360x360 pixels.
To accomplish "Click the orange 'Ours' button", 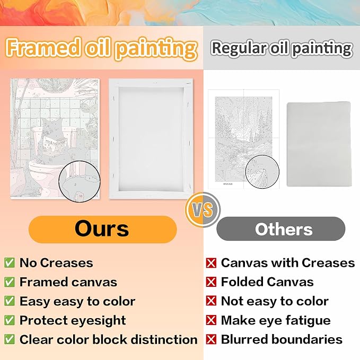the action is [x=103, y=229].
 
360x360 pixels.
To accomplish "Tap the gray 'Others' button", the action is [x=281, y=229].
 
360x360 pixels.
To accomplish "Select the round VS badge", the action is [x=203, y=209].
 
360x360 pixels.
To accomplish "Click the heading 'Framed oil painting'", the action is [x=101, y=48].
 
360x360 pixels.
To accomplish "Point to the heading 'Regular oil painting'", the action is [x=282, y=49].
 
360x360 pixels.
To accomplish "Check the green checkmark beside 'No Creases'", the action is [x=10, y=262].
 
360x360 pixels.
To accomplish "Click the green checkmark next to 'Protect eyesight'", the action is [x=10, y=320].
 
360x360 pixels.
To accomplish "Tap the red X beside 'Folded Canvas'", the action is [x=211, y=282].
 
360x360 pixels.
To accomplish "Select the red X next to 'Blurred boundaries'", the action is [x=211, y=339].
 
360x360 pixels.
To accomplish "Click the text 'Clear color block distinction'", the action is [x=108, y=339].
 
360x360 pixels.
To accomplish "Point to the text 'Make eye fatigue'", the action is [x=276, y=320].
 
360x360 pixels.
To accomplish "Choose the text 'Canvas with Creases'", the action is [x=288, y=262].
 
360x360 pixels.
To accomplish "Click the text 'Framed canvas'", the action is [x=68, y=282].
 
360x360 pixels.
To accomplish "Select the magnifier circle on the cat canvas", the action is [x=80, y=181].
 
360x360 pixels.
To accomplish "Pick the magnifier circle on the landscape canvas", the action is [x=262, y=172].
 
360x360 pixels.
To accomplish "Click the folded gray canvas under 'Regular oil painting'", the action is [x=319, y=144].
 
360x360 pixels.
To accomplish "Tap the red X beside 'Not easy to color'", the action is [x=211, y=301].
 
